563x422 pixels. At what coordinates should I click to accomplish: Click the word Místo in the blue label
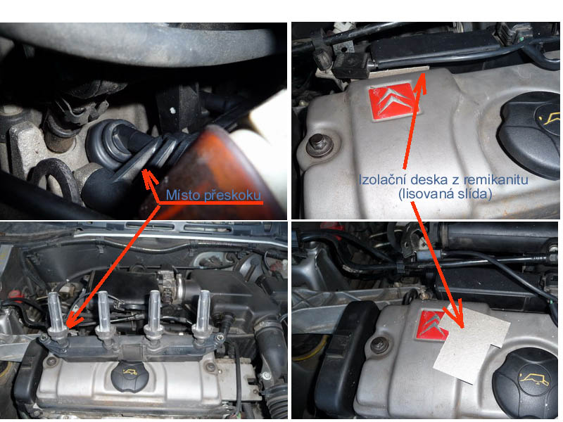pyautogui.click(x=183, y=196)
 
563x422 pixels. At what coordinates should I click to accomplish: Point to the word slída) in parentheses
pyautogui.click(x=472, y=194)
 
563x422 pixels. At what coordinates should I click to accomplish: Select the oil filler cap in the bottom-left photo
pyautogui.click(x=129, y=376)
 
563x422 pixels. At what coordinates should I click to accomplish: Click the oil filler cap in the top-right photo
pyautogui.click(x=531, y=134)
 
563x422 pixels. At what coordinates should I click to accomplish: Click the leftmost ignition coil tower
pyautogui.click(x=56, y=316)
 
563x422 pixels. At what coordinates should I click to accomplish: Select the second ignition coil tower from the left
pyautogui.click(x=104, y=316)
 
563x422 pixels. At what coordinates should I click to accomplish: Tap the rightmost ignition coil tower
pyautogui.click(x=203, y=316)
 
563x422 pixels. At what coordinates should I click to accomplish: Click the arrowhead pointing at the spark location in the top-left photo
pyautogui.click(x=148, y=177)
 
